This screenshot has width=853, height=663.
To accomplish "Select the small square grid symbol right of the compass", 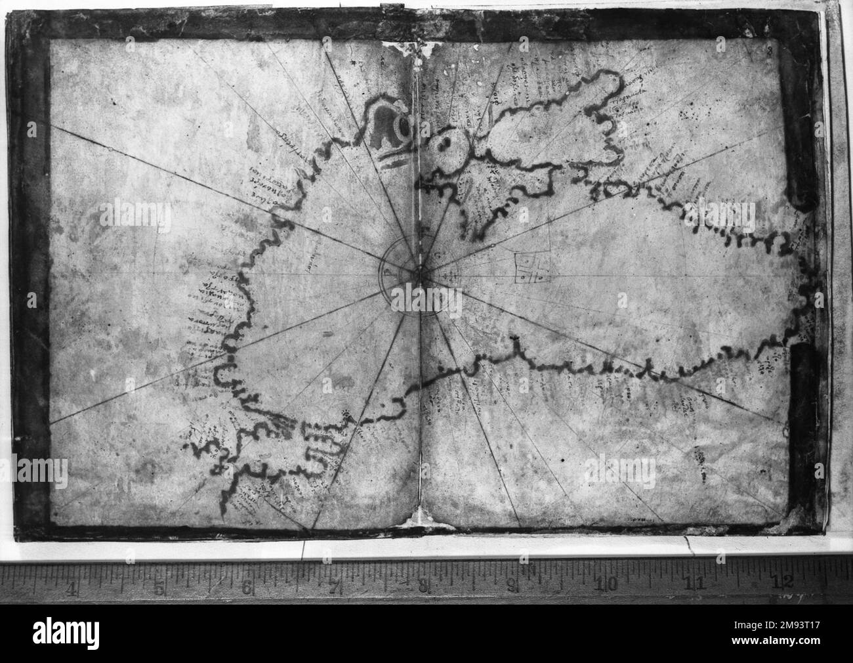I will [x=530, y=270].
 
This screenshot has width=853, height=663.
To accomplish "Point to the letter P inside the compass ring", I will [x=389, y=270].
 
